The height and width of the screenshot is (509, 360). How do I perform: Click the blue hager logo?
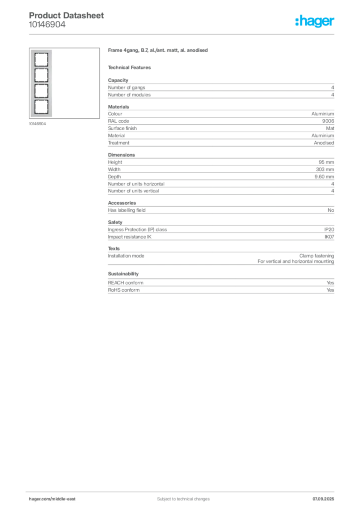(315, 22)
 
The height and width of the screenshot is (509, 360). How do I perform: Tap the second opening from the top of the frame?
(39, 76)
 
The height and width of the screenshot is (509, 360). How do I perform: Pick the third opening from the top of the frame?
(39, 92)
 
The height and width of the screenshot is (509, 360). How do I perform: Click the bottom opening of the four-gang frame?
(39, 108)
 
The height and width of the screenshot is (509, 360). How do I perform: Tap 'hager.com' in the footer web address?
(40, 499)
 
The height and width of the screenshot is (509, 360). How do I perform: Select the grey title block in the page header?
(67, 20)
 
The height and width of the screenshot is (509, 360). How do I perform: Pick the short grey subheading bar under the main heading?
(131, 67)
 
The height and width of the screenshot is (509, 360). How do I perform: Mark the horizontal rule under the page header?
(183, 34)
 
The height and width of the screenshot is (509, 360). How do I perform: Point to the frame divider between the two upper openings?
(39, 67)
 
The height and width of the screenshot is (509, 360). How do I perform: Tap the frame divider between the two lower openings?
(39, 100)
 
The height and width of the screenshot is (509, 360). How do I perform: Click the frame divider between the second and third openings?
(39, 84)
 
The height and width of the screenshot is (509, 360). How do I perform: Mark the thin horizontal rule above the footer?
(183, 490)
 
